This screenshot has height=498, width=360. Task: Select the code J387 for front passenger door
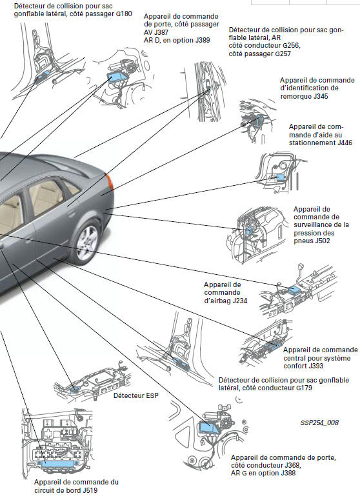(161, 32)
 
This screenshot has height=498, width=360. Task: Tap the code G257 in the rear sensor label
(283, 54)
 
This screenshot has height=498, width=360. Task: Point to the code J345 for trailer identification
(320, 96)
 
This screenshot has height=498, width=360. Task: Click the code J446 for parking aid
(345, 143)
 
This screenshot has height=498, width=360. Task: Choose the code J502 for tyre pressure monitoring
(323, 241)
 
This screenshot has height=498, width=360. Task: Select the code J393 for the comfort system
(315, 366)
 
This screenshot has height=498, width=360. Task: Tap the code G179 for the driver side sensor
(304, 388)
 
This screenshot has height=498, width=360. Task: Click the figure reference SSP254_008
(319, 423)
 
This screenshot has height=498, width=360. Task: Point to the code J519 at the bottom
(89, 490)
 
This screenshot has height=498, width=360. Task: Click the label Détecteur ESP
(136, 395)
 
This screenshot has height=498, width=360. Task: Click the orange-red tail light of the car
(110, 182)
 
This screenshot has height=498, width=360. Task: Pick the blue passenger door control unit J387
(117, 77)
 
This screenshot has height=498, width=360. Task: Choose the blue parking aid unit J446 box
(281, 177)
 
